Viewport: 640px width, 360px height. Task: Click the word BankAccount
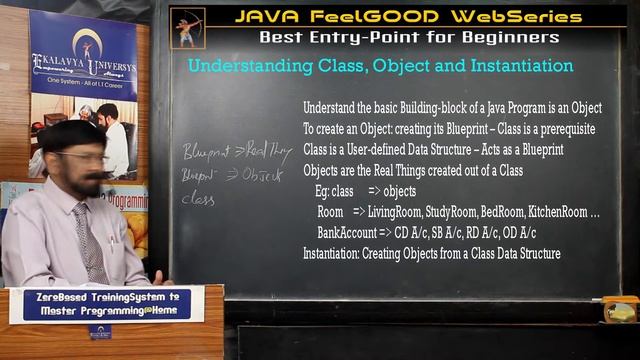[x=345, y=233]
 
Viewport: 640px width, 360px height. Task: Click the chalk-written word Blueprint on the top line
[x=208, y=152]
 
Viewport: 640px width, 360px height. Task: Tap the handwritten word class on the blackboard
[x=198, y=198]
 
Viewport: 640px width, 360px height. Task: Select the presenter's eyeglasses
[x=84, y=157]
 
